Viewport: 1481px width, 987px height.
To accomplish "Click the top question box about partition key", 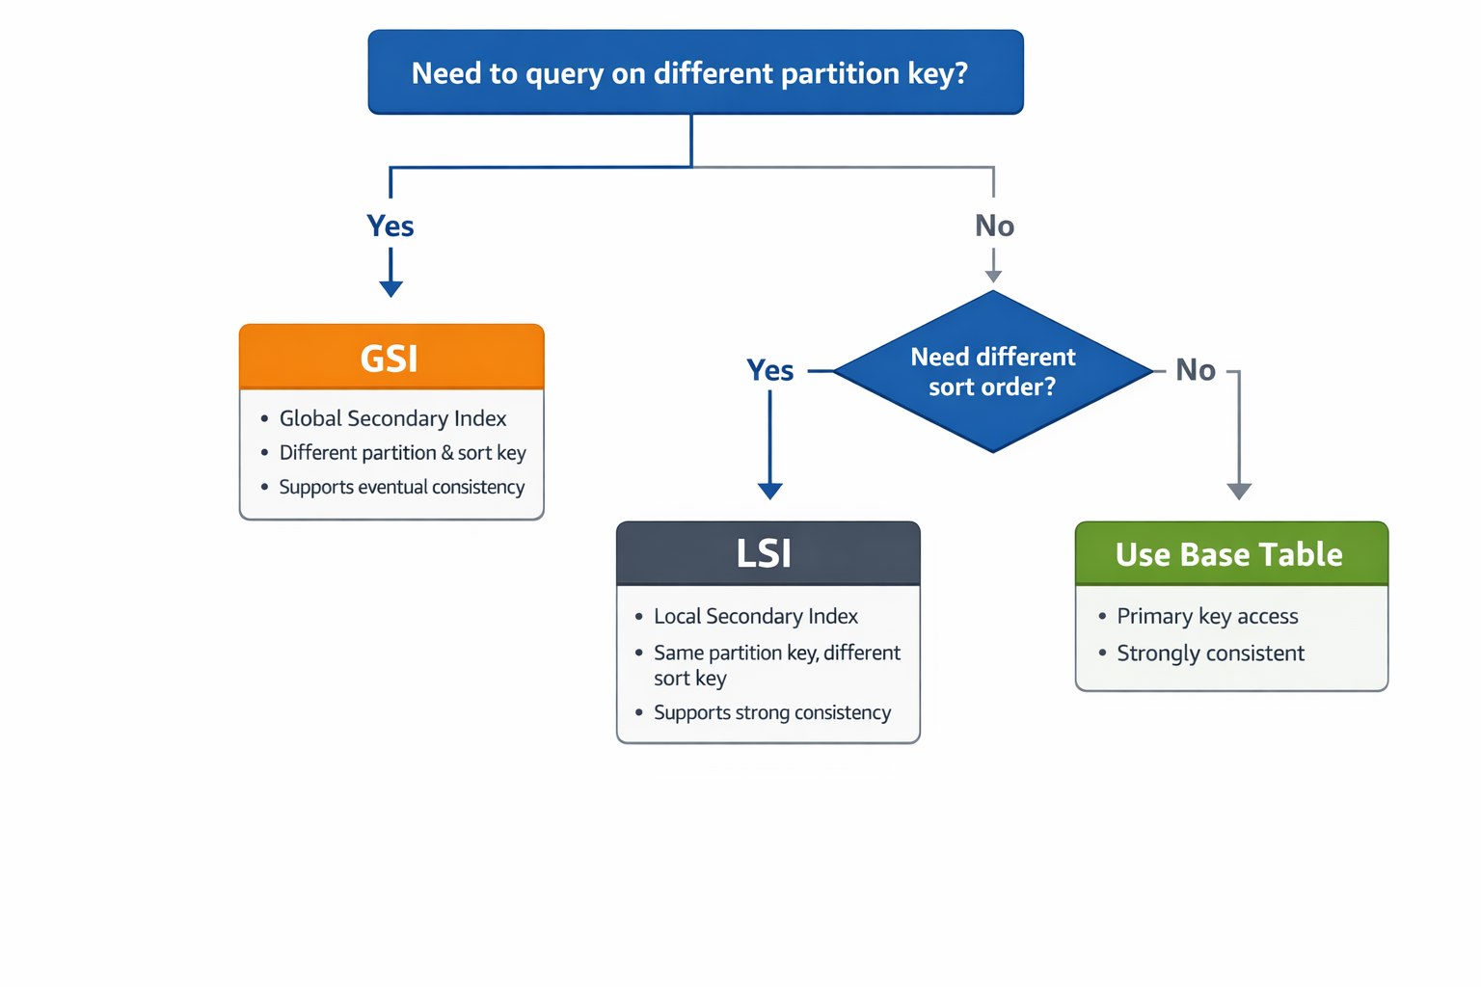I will [x=695, y=72].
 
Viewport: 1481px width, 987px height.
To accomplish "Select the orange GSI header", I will [x=390, y=358].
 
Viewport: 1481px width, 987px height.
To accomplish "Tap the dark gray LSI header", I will [x=767, y=553].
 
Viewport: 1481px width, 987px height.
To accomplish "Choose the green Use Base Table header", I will [x=1230, y=554].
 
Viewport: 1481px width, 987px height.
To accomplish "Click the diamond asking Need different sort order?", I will [x=992, y=371].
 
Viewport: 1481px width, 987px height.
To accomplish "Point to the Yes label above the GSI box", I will [x=390, y=226].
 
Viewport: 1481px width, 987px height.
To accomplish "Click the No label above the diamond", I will [x=994, y=226].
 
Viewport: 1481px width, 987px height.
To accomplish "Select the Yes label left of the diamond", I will [x=770, y=370].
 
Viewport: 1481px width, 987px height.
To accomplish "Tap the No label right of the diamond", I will [x=1196, y=370].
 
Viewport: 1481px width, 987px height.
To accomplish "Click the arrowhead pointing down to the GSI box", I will [x=390, y=288].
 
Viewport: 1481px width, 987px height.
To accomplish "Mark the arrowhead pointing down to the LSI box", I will [x=769, y=491].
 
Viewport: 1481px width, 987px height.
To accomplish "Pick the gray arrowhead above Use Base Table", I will [x=1239, y=491].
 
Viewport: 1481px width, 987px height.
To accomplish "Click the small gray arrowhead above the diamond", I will [x=993, y=277].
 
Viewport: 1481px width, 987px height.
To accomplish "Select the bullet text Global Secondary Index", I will [x=392, y=418].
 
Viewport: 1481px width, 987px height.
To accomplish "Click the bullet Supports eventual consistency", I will [x=401, y=487].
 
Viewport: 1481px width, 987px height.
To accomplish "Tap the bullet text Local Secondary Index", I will [x=755, y=616].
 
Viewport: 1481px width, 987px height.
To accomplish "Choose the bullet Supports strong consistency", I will [x=771, y=712].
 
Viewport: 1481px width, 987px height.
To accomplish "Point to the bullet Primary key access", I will [x=1207, y=616].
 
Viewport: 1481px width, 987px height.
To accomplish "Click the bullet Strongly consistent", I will [x=1210, y=653].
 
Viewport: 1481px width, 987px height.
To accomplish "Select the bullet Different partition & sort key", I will [x=402, y=452].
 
